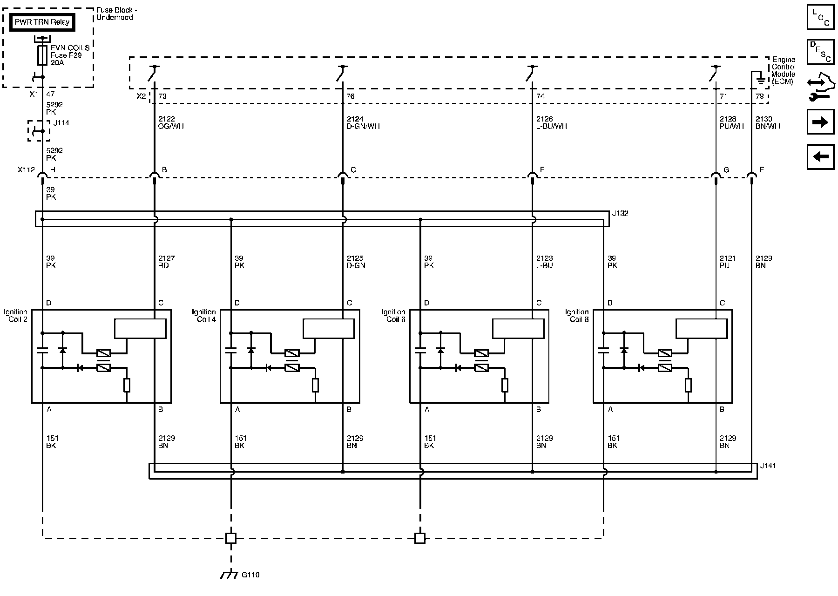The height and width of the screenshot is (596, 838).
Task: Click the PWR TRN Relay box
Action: [42, 22]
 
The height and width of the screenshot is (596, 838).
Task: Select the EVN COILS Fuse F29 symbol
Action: [42, 55]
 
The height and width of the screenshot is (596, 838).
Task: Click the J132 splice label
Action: [620, 214]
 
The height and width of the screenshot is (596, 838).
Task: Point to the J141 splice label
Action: [768, 466]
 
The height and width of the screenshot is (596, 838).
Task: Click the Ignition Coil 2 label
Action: [16, 316]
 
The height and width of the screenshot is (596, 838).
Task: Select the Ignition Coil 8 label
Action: [577, 316]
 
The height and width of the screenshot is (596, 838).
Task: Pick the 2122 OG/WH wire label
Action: [171, 122]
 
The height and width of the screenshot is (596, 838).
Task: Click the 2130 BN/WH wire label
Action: [768, 122]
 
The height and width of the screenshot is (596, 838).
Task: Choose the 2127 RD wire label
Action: [166, 262]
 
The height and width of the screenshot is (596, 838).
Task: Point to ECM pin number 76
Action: [351, 96]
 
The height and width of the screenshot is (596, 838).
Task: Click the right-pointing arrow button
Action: [820, 122]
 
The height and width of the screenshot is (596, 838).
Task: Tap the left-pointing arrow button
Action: [820, 156]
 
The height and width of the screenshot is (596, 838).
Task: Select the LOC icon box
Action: [820, 17]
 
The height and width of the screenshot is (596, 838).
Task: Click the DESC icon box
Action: [820, 52]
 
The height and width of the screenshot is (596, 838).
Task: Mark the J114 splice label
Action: [61, 123]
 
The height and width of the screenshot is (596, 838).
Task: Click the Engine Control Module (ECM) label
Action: [784, 70]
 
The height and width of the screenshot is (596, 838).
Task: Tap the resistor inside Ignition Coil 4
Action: [315, 385]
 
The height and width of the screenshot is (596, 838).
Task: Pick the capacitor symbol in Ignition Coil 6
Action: [420, 350]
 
